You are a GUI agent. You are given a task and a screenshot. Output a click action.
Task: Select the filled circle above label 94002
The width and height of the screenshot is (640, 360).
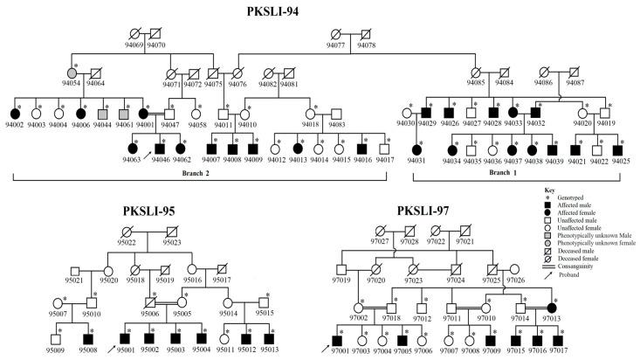14,114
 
